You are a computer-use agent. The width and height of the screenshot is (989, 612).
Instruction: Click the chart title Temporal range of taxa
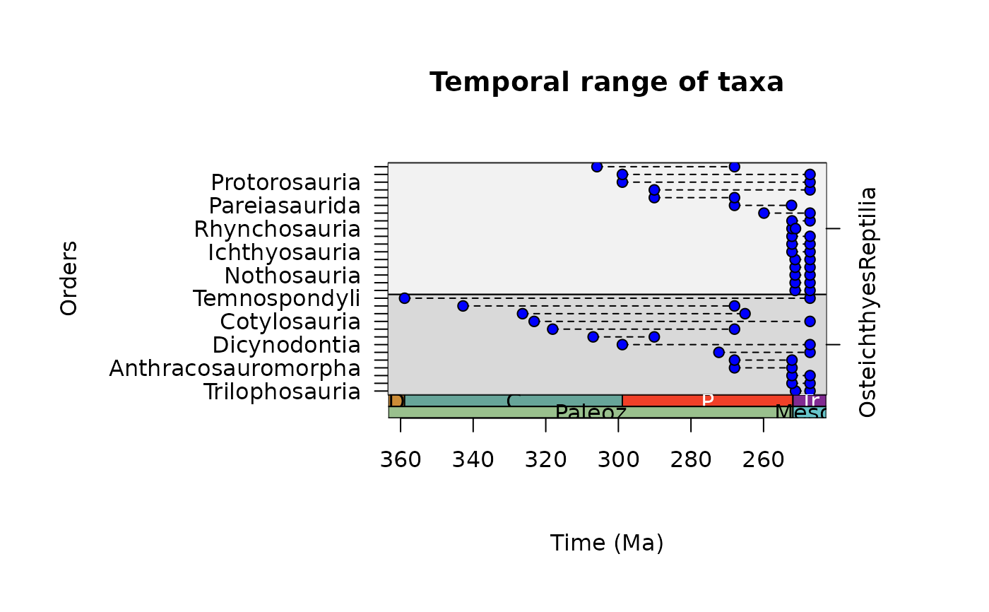click(x=606, y=83)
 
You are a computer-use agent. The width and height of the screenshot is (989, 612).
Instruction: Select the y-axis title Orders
click(x=69, y=278)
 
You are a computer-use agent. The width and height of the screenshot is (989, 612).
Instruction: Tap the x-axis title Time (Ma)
click(x=606, y=543)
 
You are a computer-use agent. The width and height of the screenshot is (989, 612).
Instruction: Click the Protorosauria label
click(x=285, y=183)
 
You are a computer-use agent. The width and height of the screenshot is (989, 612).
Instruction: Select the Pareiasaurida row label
click(x=284, y=206)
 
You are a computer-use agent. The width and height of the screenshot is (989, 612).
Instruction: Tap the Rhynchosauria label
click(x=277, y=230)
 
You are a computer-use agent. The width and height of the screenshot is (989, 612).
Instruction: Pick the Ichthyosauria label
click(x=283, y=252)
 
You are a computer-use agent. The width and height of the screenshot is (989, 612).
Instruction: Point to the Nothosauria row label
click(x=292, y=276)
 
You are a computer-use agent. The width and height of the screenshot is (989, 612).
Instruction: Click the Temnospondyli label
click(x=276, y=299)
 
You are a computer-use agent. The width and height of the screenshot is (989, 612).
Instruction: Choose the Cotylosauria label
click(x=290, y=322)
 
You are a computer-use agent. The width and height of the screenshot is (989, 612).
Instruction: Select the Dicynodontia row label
click(x=286, y=346)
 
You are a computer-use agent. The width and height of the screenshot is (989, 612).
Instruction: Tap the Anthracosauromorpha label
click(x=235, y=369)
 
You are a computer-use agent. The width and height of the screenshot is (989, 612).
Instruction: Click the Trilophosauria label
click(x=282, y=392)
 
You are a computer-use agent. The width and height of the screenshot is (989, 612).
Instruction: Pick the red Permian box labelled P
click(x=707, y=401)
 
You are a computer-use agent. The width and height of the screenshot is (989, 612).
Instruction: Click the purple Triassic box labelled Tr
click(x=810, y=401)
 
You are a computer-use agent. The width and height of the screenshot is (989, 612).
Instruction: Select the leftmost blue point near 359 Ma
click(x=404, y=298)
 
